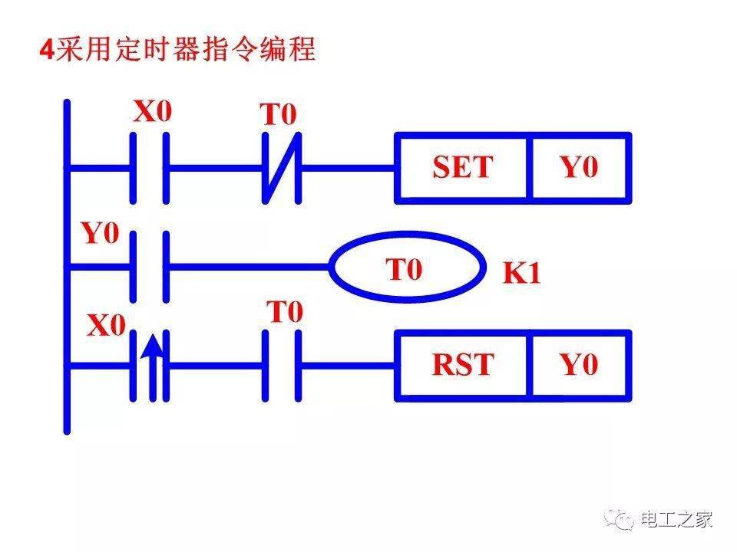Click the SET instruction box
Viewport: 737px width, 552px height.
point(462,168)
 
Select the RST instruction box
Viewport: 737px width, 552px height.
point(462,365)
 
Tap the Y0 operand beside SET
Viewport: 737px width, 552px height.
point(580,168)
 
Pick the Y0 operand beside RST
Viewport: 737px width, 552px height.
point(580,365)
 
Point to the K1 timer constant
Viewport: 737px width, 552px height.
point(522,274)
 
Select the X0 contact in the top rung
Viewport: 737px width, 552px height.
point(150,167)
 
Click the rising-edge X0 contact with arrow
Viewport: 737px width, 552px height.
point(150,366)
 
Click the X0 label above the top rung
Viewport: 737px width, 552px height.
point(154,113)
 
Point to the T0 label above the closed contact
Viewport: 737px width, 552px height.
point(278,115)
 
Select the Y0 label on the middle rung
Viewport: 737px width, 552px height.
point(101,234)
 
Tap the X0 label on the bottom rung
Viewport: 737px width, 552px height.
point(106,327)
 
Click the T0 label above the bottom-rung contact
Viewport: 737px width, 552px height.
point(285,313)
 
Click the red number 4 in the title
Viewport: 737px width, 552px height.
point(47,51)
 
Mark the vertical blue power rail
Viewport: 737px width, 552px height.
point(68,268)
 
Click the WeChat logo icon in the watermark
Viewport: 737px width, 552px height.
point(619,520)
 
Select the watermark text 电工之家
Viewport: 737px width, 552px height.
point(676,520)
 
